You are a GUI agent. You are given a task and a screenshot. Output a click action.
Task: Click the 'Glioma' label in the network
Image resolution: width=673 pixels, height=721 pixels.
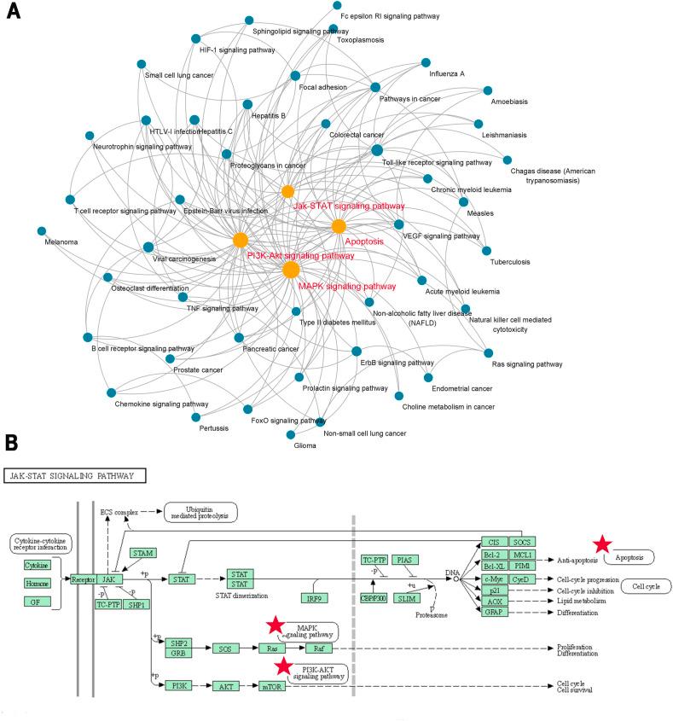305,445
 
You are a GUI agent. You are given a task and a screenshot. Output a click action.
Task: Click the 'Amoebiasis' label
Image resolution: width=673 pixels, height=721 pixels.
509,102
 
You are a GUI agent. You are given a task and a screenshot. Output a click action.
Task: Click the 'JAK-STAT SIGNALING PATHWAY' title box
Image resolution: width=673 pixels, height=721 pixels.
75,475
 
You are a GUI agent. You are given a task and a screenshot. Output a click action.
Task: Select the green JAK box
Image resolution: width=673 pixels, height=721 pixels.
107,579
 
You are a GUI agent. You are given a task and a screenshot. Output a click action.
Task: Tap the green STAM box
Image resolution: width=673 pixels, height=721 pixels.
142,554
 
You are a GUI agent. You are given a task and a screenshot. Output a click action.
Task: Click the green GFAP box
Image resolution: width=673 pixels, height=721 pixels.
492,613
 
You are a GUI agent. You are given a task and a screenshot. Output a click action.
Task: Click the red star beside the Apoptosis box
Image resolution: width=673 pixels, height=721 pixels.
602,544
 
